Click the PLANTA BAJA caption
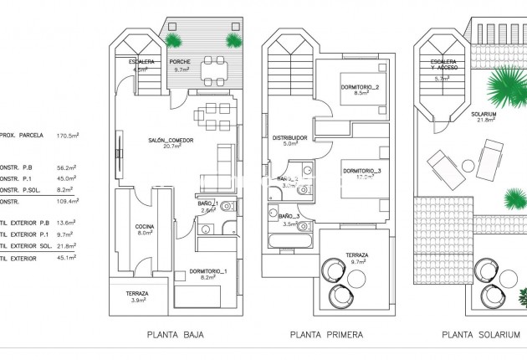175,335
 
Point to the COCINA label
144,226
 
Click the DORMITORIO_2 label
361,88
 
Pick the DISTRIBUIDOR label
290,137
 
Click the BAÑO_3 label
289,216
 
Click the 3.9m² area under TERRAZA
137,301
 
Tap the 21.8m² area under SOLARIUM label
484,121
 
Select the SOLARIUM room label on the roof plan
484,114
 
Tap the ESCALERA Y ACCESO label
443,67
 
